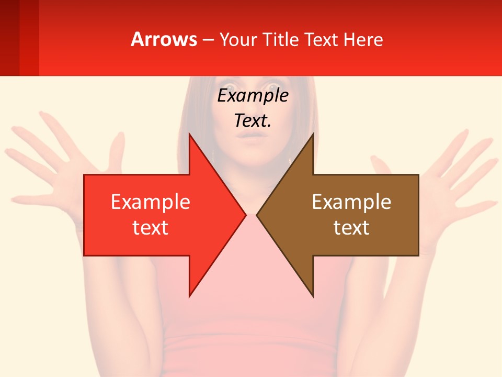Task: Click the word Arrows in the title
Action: click(x=164, y=40)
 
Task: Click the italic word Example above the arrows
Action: click(x=253, y=95)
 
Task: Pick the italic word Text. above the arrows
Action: click(x=253, y=120)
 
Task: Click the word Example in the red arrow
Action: click(x=151, y=202)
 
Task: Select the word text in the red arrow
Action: click(x=151, y=228)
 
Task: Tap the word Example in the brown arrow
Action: click(x=351, y=202)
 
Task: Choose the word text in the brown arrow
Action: click(x=351, y=228)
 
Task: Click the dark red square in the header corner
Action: click(x=10, y=38)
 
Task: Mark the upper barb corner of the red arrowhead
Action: click(x=189, y=135)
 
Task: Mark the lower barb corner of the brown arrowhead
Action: click(x=313, y=296)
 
